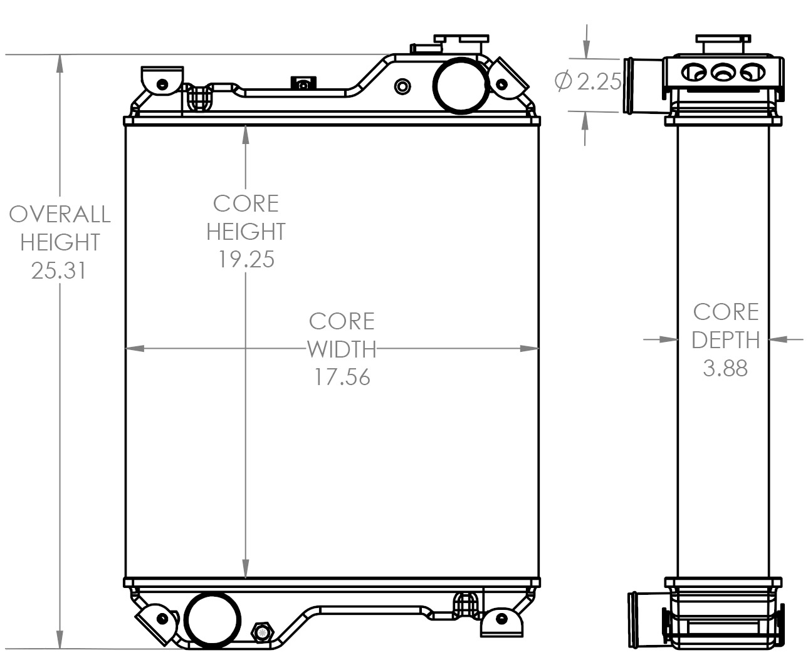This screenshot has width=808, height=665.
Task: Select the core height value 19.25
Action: pos(246,259)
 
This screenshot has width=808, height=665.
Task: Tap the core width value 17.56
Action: pos(342,377)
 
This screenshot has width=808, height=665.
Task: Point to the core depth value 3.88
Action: pos(725,368)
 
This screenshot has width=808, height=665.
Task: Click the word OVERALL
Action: pos(60,214)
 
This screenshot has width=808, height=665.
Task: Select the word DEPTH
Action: pos(725,340)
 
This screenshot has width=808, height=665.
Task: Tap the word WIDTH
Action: pos(342,349)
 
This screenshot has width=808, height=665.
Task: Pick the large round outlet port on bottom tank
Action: pos(213,621)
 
